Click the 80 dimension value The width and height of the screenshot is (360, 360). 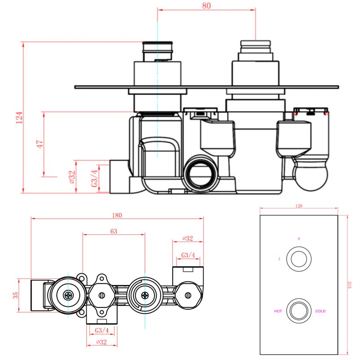207,6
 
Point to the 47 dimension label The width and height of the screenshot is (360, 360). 40,144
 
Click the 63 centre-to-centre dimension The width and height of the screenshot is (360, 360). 113,231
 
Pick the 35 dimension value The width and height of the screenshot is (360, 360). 16,295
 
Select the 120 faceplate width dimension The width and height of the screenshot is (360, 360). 299,206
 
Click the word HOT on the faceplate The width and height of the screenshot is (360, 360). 278,311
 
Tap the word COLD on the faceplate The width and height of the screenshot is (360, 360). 320,311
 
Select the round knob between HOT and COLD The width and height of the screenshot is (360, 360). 299,310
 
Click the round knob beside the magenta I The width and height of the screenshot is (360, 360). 299,259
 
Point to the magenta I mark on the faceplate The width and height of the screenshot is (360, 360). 279,259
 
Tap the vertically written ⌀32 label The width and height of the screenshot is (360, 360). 72,178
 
